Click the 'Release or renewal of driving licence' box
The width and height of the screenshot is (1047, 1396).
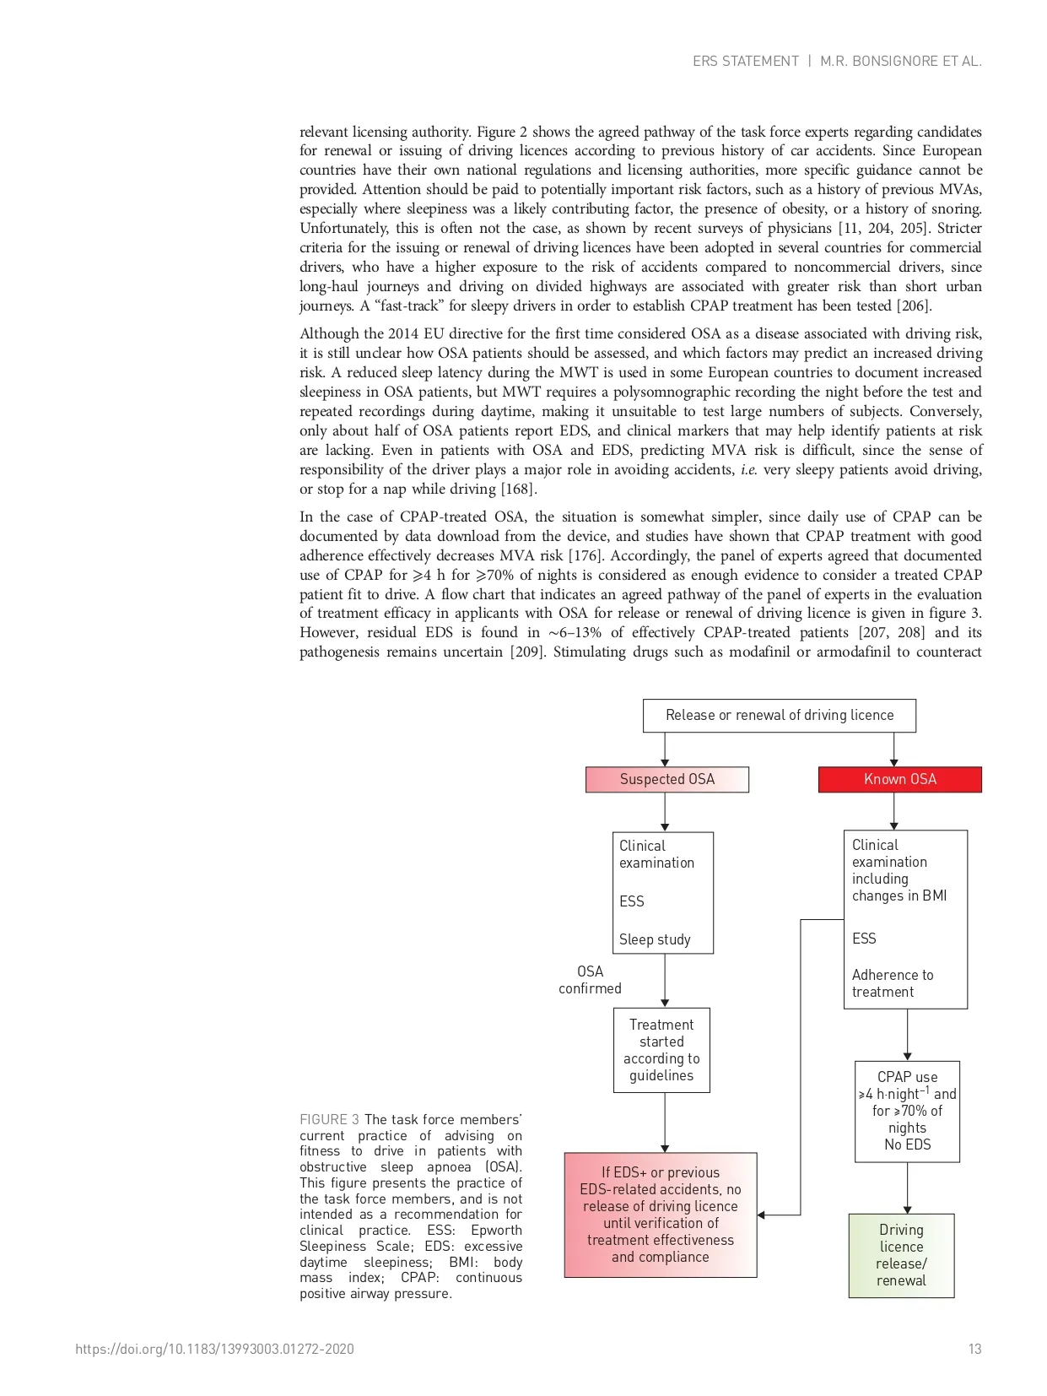tap(779, 715)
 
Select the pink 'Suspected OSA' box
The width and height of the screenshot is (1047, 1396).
tap(667, 779)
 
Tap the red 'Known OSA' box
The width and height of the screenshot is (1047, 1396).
tap(899, 779)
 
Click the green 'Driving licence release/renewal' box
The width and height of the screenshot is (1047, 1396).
tap(901, 1255)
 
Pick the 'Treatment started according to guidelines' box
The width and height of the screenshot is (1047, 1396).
tap(661, 1050)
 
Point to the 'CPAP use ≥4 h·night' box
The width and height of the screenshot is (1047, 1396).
tap(907, 1111)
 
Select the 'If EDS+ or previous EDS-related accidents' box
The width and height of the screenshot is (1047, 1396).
tap(660, 1215)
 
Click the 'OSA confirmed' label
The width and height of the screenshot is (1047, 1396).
tap(590, 980)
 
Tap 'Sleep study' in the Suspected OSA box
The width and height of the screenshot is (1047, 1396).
tap(655, 939)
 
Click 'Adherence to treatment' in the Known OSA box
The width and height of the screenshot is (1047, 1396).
tap(893, 983)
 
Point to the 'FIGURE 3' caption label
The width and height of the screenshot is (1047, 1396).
tap(329, 1119)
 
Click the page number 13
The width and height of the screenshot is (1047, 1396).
tap(974, 1349)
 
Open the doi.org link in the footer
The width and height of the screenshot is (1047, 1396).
tap(214, 1349)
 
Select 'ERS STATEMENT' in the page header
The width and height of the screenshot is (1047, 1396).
tap(745, 61)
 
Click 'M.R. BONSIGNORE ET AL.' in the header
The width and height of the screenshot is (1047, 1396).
tap(900, 61)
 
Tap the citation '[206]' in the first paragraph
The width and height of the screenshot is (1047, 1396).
tap(915, 306)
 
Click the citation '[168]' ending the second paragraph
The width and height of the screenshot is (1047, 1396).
tap(519, 489)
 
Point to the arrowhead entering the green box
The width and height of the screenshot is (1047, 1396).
tap(907, 1209)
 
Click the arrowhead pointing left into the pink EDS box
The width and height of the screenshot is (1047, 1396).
tap(762, 1215)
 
